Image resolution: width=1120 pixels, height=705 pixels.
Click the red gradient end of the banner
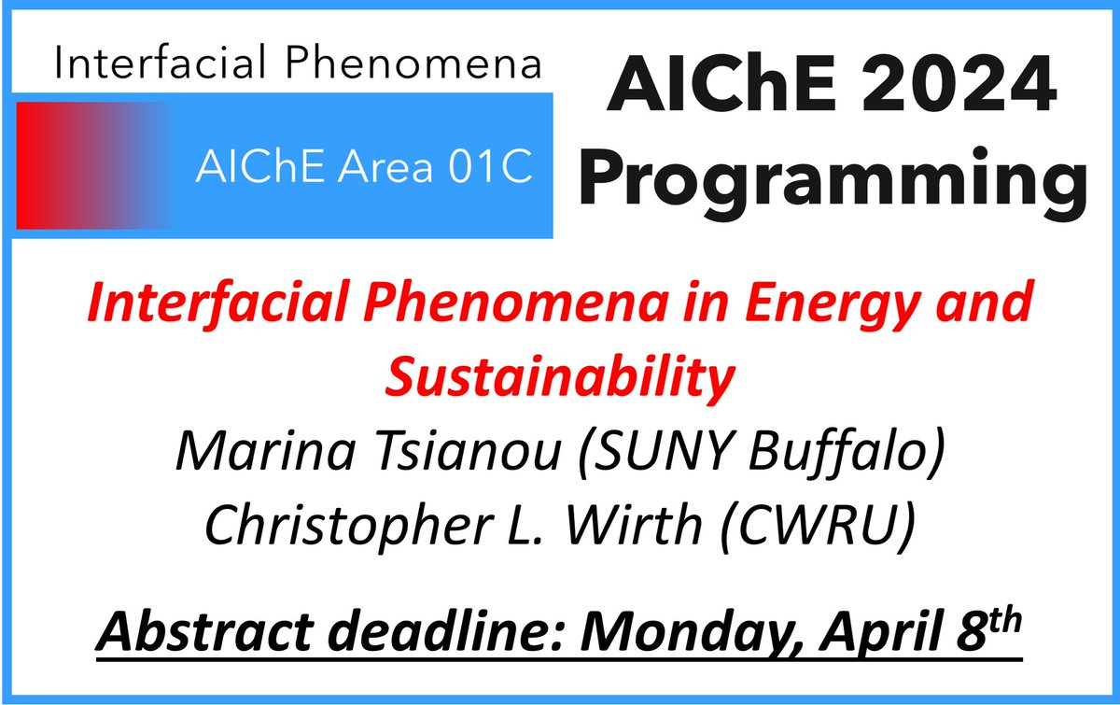point(47,164)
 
